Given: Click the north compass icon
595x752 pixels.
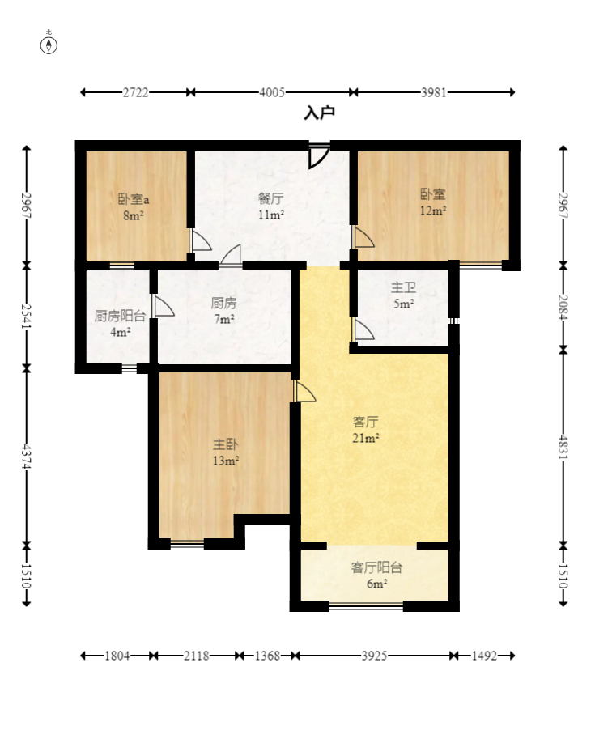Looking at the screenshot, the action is pos(49,44).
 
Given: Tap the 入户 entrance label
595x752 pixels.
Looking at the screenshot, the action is pos(319,113).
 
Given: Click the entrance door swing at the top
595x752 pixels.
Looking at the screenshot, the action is pos(319,156).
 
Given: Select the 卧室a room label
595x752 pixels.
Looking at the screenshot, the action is pos(134,198).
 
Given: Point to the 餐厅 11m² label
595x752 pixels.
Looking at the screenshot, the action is pos(271,206).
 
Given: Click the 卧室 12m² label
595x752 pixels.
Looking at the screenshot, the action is pos(433,202).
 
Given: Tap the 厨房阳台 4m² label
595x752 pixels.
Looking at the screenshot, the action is pos(120,324).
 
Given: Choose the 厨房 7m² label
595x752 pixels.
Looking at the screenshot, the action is pos(224,311).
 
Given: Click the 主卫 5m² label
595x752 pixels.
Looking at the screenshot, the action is pos(404,295).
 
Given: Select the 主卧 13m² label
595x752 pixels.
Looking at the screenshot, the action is pos(226,452).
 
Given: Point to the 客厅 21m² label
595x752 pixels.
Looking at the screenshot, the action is pos(366,430).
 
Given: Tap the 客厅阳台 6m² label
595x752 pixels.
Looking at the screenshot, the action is pos(377,576).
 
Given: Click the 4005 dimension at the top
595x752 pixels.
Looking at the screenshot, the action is pos(272,92).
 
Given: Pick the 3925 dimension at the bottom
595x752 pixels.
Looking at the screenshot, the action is pos(374,656).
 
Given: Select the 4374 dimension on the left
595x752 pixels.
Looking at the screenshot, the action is pos(27,457).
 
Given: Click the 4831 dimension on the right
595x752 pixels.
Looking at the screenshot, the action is pos(563,448).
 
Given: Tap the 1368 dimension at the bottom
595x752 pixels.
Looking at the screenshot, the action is pos(267,656).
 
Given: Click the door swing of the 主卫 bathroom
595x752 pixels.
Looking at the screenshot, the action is pos(363,329).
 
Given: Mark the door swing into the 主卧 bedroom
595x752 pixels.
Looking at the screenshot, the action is pos(304,391).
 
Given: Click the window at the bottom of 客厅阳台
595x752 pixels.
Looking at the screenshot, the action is pos(366,606).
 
